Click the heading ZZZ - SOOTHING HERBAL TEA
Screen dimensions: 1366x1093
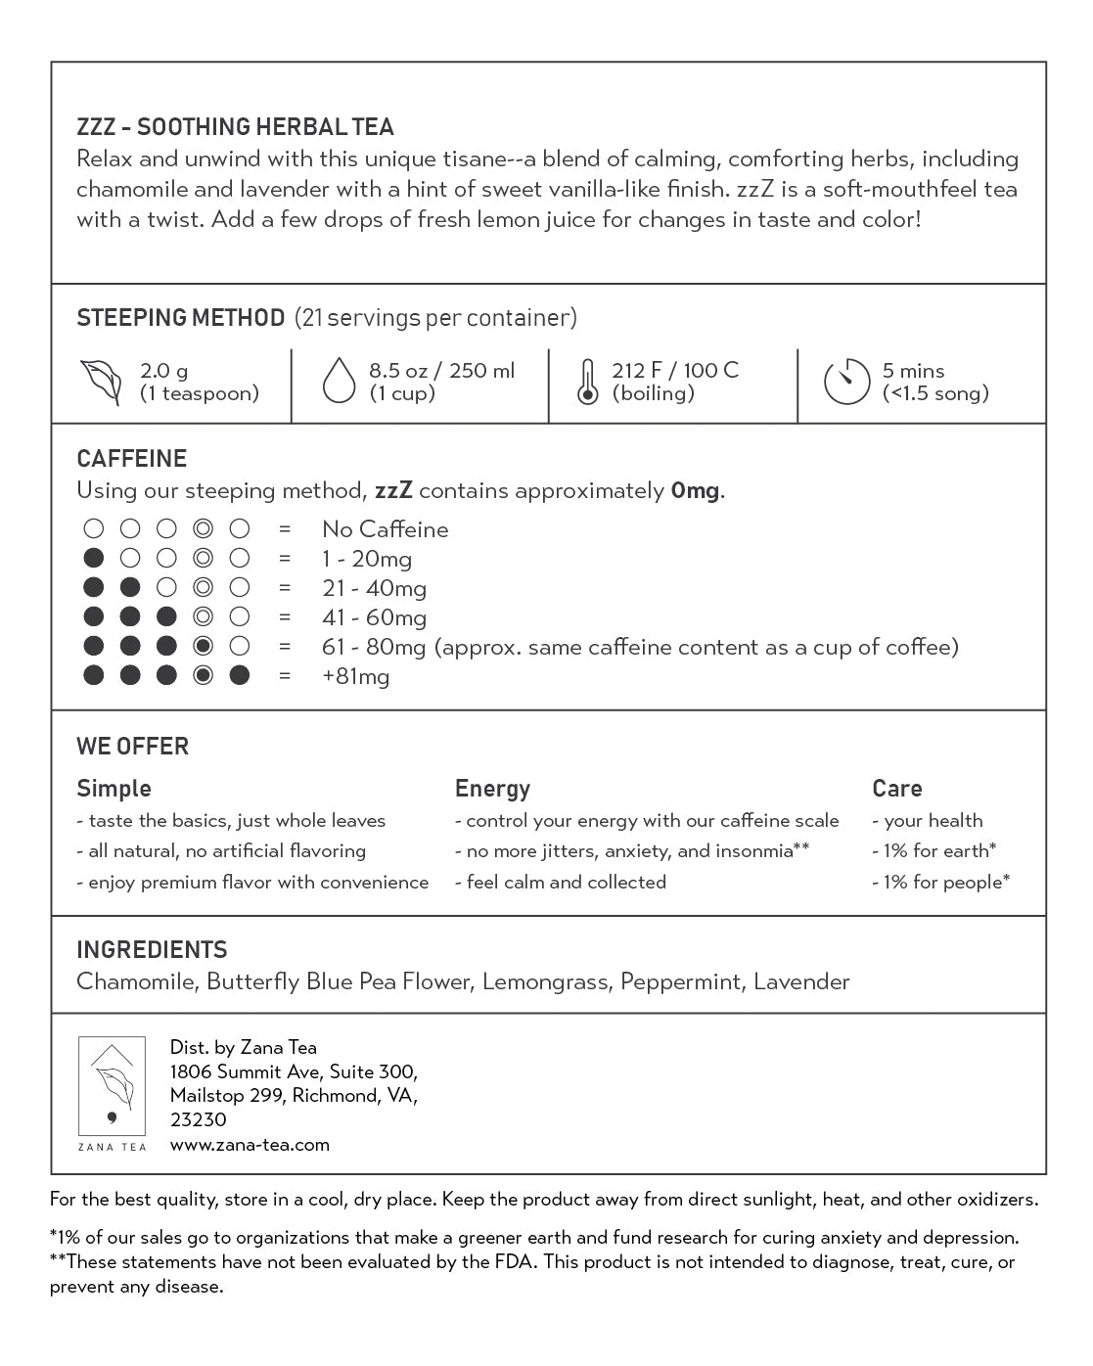(x=235, y=127)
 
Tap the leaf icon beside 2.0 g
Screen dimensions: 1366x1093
(x=101, y=382)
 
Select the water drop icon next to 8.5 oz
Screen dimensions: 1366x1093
(x=338, y=381)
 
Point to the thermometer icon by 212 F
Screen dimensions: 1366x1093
(x=587, y=382)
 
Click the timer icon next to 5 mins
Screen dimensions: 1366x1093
(x=846, y=382)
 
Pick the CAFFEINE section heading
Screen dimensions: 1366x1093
(x=131, y=459)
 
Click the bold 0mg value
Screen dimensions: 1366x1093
(x=695, y=491)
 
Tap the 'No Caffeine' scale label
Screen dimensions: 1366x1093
(x=385, y=529)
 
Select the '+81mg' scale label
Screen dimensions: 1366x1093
(x=355, y=676)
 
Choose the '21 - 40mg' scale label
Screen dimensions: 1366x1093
(x=374, y=588)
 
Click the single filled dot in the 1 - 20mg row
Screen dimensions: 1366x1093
(x=94, y=559)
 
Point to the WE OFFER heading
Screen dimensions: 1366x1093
(x=132, y=747)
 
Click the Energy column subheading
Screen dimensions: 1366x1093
(x=492, y=789)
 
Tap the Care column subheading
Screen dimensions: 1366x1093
(x=896, y=789)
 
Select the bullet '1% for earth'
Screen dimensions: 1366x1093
(x=934, y=851)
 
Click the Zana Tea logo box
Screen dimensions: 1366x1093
(x=112, y=1094)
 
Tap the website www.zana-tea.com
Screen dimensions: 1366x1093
(x=250, y=1145)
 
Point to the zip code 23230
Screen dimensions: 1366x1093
(x=198, y=1120)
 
